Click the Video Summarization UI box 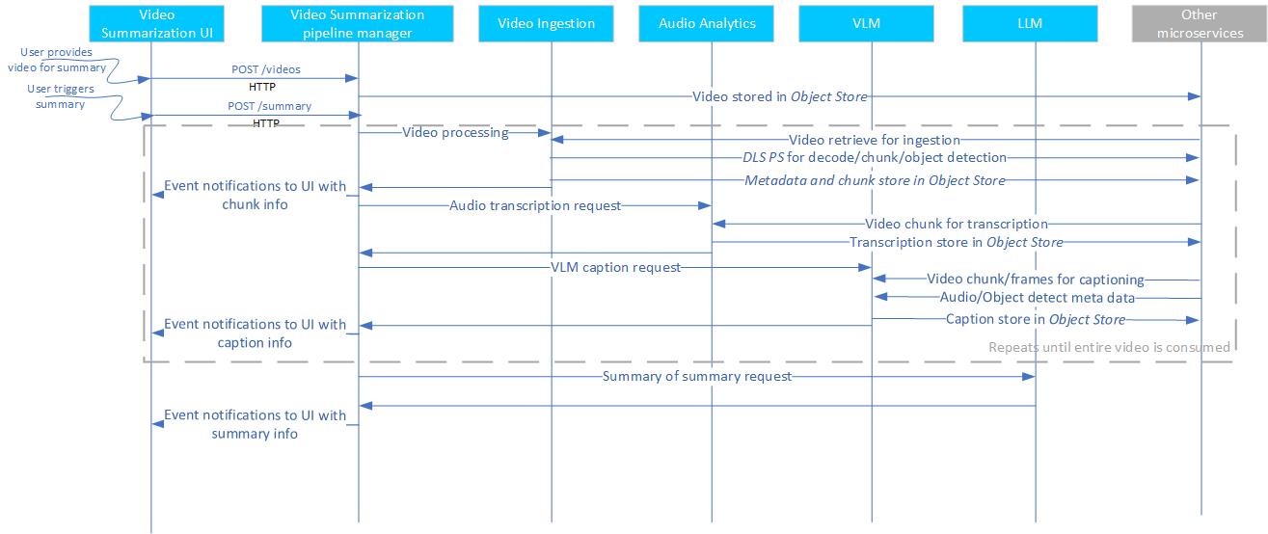tap(150, 23)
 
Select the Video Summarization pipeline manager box tap(357, 23)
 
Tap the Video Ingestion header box tap(547, 23)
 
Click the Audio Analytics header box tap(708, 23)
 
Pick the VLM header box tap(867, 23)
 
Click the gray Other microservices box tap(1199, 23)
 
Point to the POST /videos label tap(265, 69)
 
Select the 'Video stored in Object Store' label tap(779, 96)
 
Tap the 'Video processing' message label tap(455, 133)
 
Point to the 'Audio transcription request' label tap(535, 205)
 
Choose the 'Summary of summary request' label tap(696, 376)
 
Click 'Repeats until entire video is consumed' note tap(1109, 347)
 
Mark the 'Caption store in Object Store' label tap(1035, 319)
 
